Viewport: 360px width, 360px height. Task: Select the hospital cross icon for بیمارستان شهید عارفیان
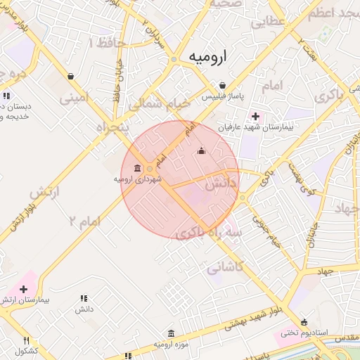click(x=255, y=116)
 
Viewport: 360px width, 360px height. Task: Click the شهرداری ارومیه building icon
click(x=136, y=168)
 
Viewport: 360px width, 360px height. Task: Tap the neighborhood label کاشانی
click(x=226, y=266)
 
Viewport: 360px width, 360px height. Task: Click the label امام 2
click(x=85, y=221)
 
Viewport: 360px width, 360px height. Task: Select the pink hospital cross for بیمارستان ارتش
click(x=25, y=289)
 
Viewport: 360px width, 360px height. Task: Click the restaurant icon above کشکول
click(x=26, y=340)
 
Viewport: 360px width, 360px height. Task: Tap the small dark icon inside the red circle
click(x=202, y=150)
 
